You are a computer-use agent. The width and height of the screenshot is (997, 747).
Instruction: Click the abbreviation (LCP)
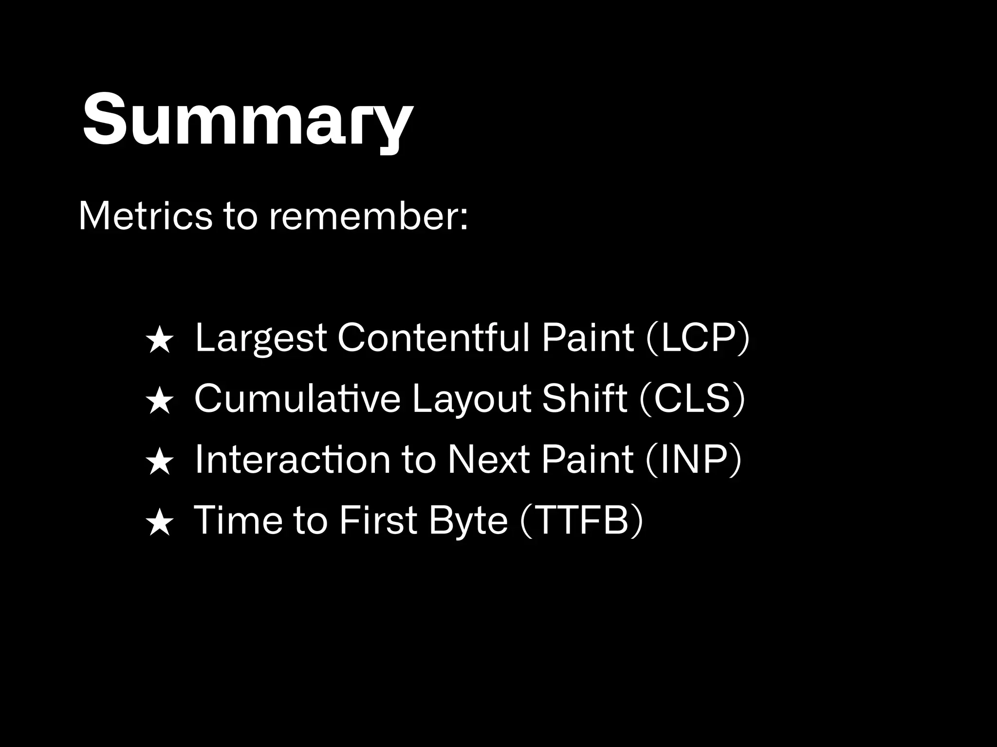coord(697,338)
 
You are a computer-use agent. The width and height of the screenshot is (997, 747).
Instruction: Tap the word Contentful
coord(433,338)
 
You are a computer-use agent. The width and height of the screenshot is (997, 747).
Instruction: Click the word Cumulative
coord(297,399)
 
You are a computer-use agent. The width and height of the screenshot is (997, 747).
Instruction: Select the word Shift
coord(584,399)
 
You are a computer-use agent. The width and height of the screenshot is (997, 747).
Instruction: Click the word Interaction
coord(292,460)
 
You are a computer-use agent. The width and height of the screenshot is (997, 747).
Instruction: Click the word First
coord(378,520)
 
